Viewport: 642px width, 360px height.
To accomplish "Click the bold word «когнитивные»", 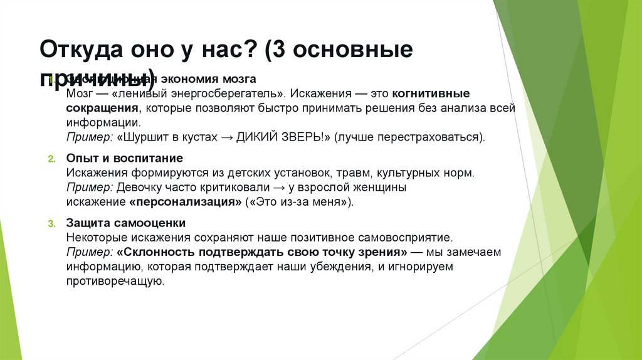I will click(431, 93).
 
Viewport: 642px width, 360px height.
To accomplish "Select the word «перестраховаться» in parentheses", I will click(431, 136).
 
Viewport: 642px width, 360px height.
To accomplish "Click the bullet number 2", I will click(51, 158).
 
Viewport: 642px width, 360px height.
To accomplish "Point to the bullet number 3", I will click(51, 223).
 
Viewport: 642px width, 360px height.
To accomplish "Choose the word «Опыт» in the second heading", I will click(79, 158).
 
